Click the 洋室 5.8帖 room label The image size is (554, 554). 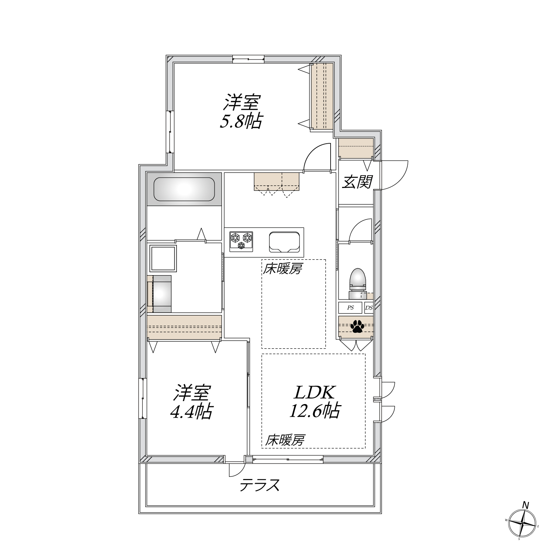click(x=242, y=112)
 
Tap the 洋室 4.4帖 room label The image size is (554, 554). click(x=191, y=402)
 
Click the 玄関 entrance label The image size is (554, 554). click(x=356, y=182)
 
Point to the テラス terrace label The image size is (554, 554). click(x=259, y=485)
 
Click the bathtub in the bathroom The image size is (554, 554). click(x=184, y=189)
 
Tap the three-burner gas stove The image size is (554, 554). click(x=241, y=242)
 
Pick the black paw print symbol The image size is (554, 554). click(x=357, y=326)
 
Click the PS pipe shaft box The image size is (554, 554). click(x=350, y=308)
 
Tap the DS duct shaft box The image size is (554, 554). click(x=369, y=308)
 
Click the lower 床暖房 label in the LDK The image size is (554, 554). click(x=285, y=440)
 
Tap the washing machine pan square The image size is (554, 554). click(x=163, y=258)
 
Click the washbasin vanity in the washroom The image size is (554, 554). click(x=160, y=294)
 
